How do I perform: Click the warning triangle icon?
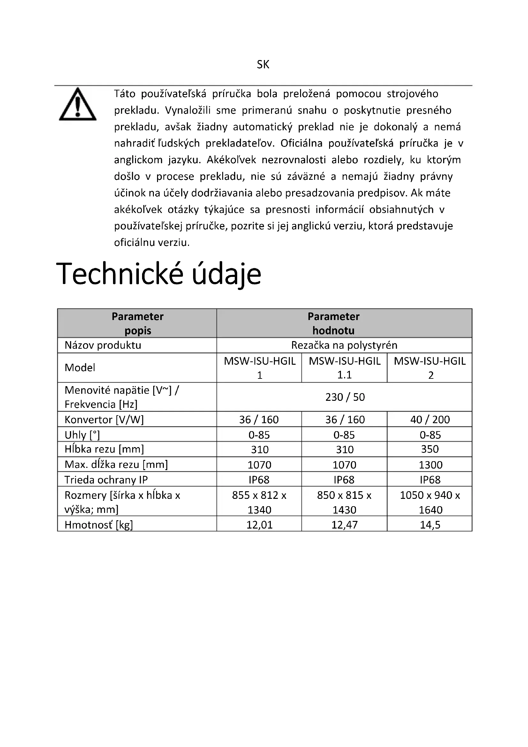77,104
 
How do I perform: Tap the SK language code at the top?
263,65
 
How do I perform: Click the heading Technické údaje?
159,274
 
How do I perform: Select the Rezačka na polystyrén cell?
344,345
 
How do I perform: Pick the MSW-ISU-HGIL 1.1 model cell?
344,368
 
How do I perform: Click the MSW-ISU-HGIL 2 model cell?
429,368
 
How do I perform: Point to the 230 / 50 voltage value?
345,397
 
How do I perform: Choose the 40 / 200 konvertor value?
430,419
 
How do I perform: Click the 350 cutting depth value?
430,449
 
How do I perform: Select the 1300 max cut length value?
430,465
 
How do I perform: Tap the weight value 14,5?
430,525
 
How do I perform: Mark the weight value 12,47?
344,525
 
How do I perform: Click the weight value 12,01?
260,525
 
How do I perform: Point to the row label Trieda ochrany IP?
106,480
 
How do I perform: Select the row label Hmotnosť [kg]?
99,525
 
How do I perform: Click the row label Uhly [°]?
82,435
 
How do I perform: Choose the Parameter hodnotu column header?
333,324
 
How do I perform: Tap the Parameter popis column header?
138,324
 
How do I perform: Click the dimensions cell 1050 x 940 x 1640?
430,502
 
